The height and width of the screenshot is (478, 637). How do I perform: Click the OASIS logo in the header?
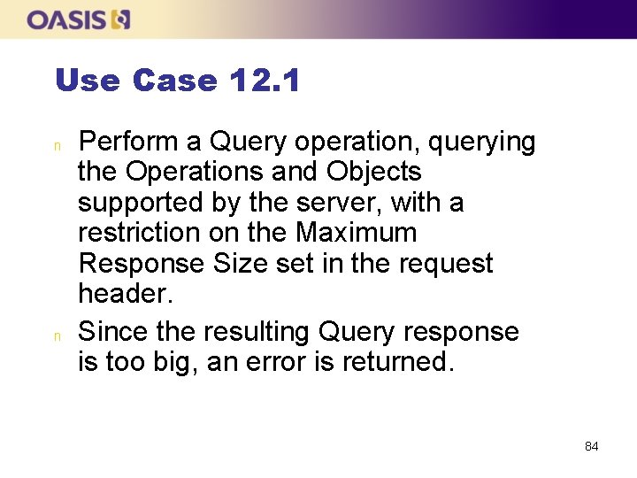[x=79, y=19]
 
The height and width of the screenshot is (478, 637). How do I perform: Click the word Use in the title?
[x=87, y=81]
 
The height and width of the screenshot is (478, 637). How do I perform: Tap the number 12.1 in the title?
[x=264, y=81]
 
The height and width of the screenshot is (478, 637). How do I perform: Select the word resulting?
[x=257, y=332]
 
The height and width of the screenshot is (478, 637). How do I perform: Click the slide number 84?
[x=592, y=446]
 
